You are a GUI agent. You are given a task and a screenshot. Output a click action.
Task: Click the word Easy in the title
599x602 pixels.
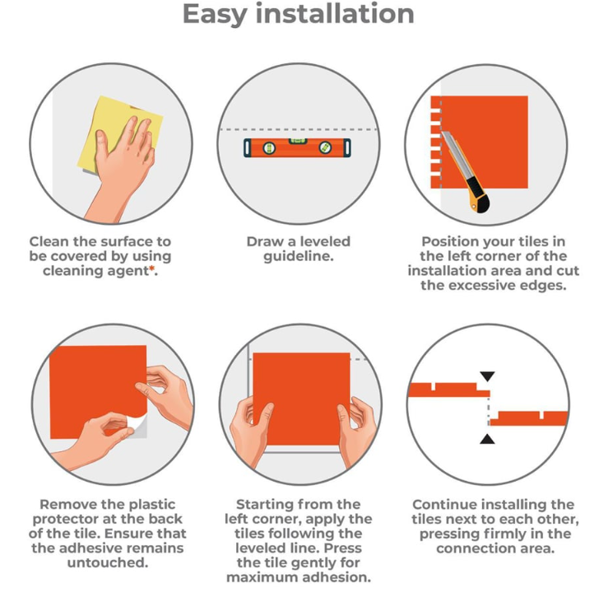click(x=215, y=14)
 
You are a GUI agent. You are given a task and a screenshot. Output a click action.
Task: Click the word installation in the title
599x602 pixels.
click(x=335, y=13)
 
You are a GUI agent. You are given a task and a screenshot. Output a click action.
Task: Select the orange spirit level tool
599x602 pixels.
click(x=297, y=147)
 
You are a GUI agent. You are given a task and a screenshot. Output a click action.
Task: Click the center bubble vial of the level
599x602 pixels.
click(x=298, y=142)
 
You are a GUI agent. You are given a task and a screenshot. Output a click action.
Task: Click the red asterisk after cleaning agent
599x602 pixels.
click(x=152, y=268)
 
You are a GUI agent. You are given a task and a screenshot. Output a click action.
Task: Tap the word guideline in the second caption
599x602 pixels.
click(x=298, y=256)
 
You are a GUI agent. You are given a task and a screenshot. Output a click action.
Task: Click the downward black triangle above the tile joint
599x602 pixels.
click(x=487, y=376)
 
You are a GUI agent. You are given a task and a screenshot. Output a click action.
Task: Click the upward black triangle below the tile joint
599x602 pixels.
click(x=487, y=439)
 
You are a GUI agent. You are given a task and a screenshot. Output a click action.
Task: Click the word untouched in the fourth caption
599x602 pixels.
click(x=107, y=562)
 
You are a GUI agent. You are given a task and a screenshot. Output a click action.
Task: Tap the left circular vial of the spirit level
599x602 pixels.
click(x=269, y=147)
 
